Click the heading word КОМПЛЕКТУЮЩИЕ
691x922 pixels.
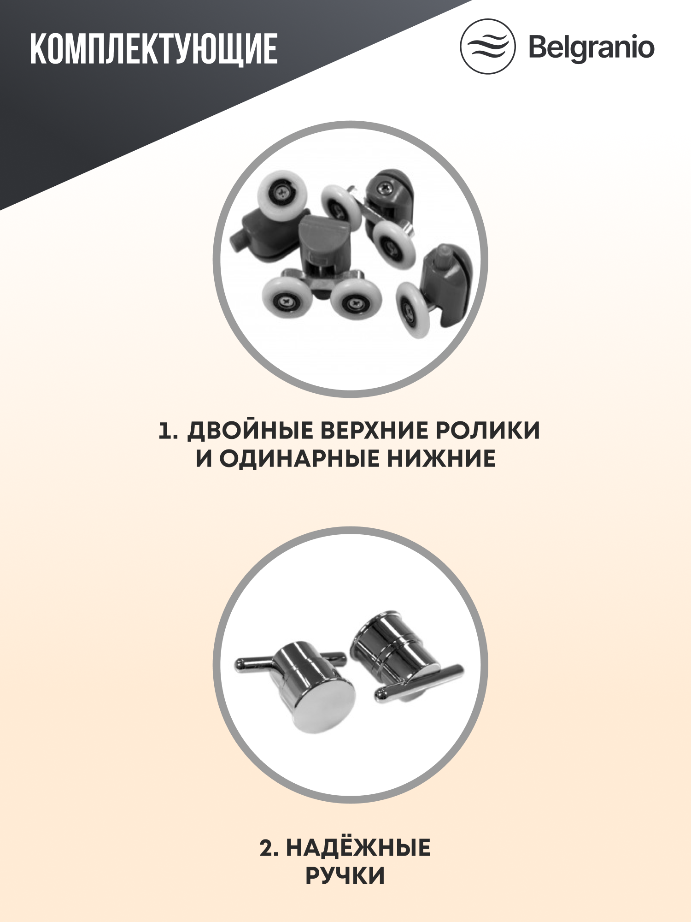pos(153,48)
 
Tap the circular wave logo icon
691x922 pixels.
pos(487,46)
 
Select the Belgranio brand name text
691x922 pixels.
pos(591,47)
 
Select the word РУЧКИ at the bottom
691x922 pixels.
pos(345,876)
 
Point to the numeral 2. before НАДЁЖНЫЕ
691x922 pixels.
pos(269,849)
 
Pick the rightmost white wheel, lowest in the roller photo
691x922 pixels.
pos(413,309)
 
